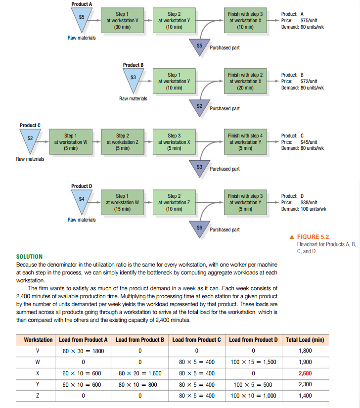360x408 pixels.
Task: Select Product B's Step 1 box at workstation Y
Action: (x=175, y=81)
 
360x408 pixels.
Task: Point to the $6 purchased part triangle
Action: (x=199, y=228)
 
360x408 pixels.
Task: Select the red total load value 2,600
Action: (x=305, y=373)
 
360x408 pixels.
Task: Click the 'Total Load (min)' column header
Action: (x=305, y=340)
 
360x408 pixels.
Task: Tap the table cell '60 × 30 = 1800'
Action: (x=83, y=351)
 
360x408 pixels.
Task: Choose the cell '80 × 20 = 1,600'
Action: (x=139, y=373)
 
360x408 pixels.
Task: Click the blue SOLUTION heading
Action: (x=29, y=257)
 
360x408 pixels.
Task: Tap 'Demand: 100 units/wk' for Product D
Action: (x=303, y=209)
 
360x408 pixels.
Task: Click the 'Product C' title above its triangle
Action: (x=30, y=125)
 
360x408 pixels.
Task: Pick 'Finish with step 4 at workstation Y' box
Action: (x=246, y=142)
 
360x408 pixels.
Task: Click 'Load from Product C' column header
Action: (x=196, y=340)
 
